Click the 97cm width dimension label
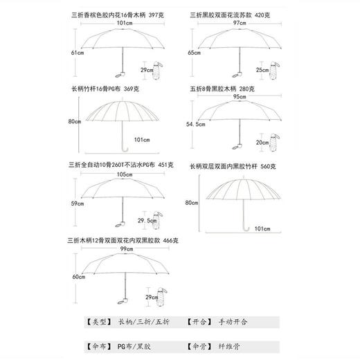(x=240, y=23)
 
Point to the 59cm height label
(x=77, y=204)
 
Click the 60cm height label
(x=77, y=276)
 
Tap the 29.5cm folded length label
(x=145, y=221)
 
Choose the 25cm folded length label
(x=262, y=70)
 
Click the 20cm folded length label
(x=262, y=142)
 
